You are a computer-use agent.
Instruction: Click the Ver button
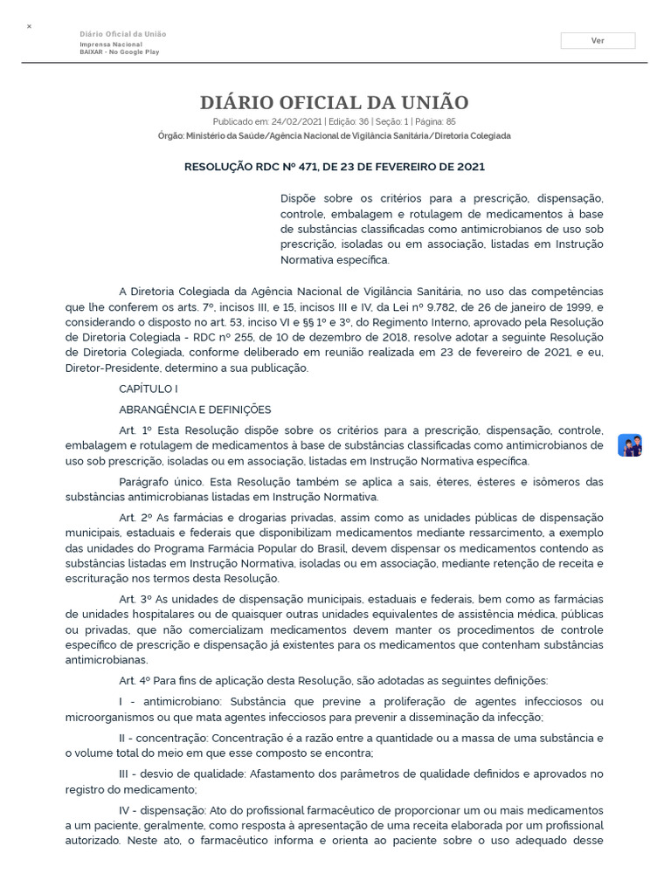point(598,40)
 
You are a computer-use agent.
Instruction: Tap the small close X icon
point(29,27)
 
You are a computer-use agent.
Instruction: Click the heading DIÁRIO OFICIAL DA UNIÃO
point(335,102)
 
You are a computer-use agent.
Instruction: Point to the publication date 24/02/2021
point(298,122)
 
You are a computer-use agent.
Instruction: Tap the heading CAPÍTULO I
point(149,389)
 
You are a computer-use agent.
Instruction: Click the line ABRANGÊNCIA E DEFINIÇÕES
point(195,409)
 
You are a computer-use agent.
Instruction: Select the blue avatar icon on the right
point(630,445)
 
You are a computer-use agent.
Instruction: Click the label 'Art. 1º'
point(136,430)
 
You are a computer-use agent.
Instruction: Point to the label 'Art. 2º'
point(136,517)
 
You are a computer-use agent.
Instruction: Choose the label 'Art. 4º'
point(136,680)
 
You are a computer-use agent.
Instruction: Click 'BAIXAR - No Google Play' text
point(120,52)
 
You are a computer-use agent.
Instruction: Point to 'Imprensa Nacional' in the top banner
point(111,45)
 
